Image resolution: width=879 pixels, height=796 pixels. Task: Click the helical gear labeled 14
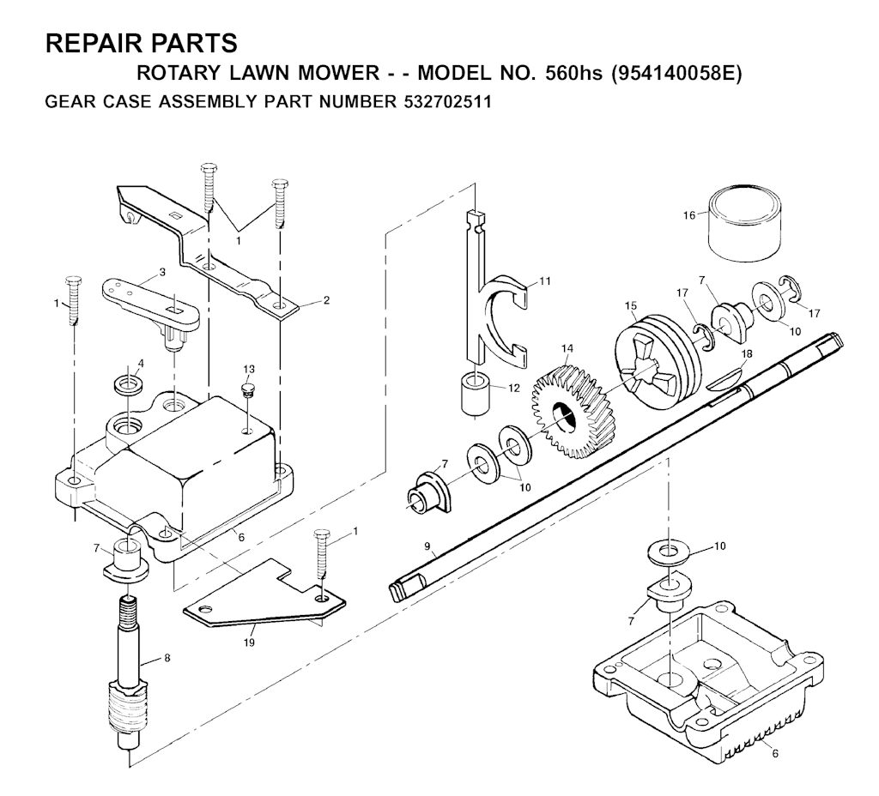click(567, 412)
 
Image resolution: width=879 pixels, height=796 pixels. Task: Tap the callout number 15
click(631, 305)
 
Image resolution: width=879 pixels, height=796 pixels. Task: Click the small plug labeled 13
click(247, 389)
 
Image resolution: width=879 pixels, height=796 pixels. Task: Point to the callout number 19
click(249, 642)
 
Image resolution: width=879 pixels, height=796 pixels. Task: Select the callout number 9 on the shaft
click(427, 546)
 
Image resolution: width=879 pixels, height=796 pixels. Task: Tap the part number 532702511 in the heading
click(446, 102)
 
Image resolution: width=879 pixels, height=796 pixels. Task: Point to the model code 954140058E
click(676, 74)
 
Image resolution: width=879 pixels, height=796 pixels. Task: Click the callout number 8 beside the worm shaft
click(167, 658)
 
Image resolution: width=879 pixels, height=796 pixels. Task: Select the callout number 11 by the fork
click(545, 280)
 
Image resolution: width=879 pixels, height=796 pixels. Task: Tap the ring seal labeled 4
click(129, 385)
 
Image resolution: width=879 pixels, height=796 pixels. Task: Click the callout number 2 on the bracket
click(326, 300)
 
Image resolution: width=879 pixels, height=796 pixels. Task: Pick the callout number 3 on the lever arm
click(162, 272)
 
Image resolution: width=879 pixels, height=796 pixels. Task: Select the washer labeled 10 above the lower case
click(668, 552)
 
